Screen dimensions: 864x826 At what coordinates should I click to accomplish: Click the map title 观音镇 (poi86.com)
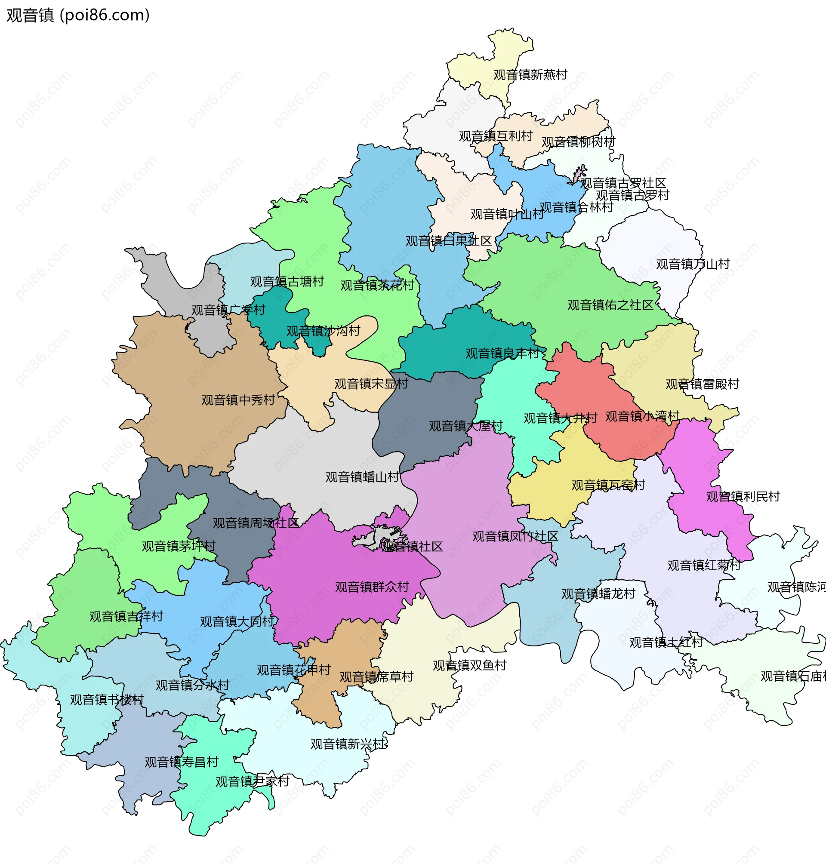pyautogui.click(x=78, y=15)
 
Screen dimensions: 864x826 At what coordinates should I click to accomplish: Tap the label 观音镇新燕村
pyautogui.click(x=530, y=75)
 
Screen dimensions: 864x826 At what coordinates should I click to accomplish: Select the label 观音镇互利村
pyautogui.click(x=496, y=136)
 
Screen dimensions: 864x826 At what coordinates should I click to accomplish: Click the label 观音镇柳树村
pyautogui.click(x=578, y=142)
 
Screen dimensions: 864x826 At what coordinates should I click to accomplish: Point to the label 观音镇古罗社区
pyautogui.click(x=623, y=183)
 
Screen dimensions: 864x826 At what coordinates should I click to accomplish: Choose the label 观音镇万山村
pyautogui.click(x=693, y=264)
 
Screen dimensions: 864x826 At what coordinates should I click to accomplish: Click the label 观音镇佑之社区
pyautogui.click(x=610, y=305)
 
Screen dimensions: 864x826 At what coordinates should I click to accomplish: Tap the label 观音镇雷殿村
pyautogui.click(x=702, y=384)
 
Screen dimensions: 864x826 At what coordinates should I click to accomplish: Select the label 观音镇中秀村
pyautogui.click(x=238, y=400)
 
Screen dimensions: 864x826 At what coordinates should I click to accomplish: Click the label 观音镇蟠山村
pyautogui.click(x=362, y=477)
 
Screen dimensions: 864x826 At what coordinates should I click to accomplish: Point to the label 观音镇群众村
pyautogui.click(x=372, y=587)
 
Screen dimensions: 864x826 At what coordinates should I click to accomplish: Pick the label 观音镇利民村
pyautogui.click(x=743, y=496)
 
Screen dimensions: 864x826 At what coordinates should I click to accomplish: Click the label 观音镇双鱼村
pyautogui.click(x=469, y=665)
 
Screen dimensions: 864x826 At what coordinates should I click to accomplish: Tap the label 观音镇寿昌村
pyautogui.click(x=182, y=762)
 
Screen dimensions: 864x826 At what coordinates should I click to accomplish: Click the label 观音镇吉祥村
pyautogui.click(x=126, y=616)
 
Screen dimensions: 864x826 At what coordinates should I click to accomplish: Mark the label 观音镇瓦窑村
pyautogui.click(x=608, y=485)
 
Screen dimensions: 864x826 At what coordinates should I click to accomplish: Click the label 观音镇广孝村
pyautogui.click(x=228, y=310)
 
